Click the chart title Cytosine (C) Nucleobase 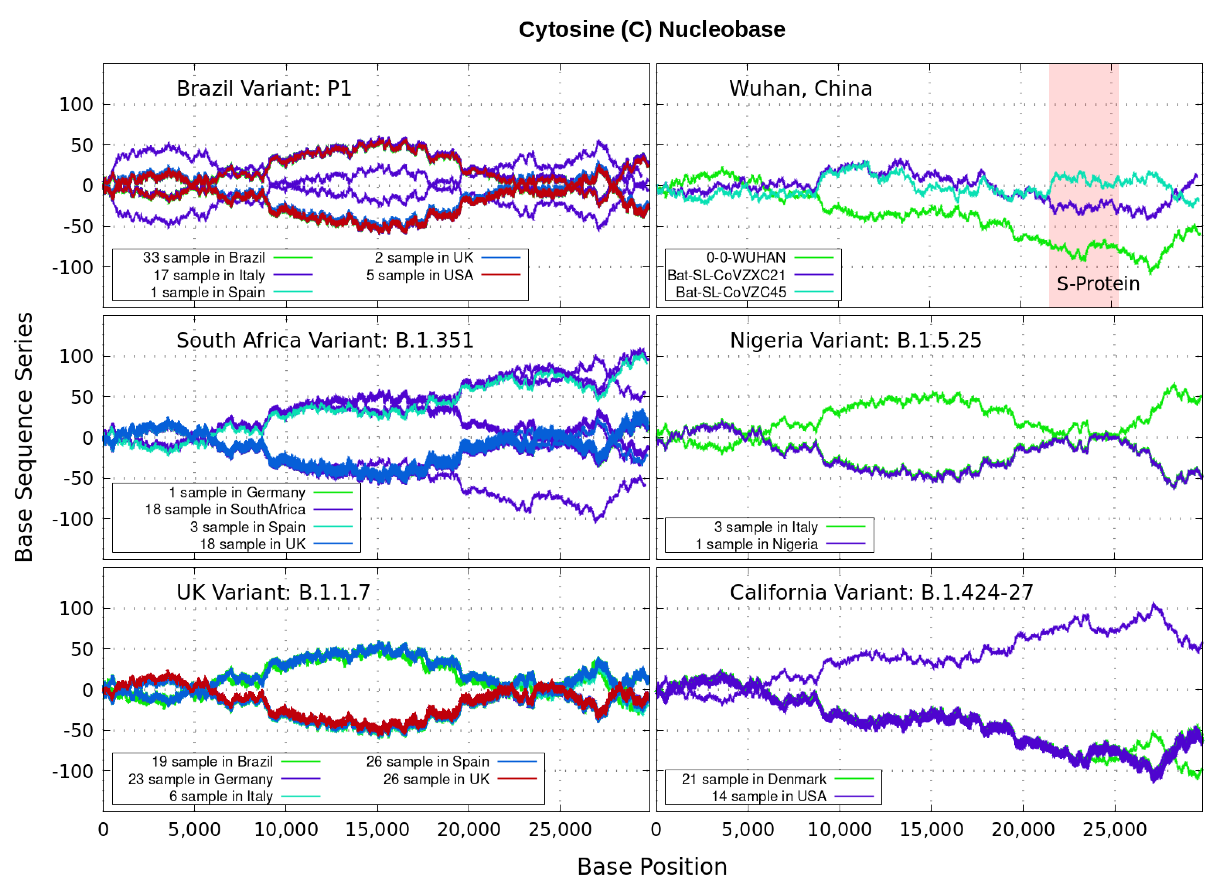[652, 30]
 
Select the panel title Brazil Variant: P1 [264, 89]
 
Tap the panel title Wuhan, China [800, 89]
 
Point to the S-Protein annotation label [1098, 284]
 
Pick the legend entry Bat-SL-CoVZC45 [731, 292]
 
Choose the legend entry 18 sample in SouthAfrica [225, 509]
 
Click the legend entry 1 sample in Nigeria [756, 544]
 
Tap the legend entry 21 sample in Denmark [754, 779]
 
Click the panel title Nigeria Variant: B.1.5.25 [855, 341]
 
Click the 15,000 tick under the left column [377, 829]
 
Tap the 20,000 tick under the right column [1022, 829]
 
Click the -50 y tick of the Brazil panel [78, 227]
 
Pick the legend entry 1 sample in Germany [237, 492]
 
